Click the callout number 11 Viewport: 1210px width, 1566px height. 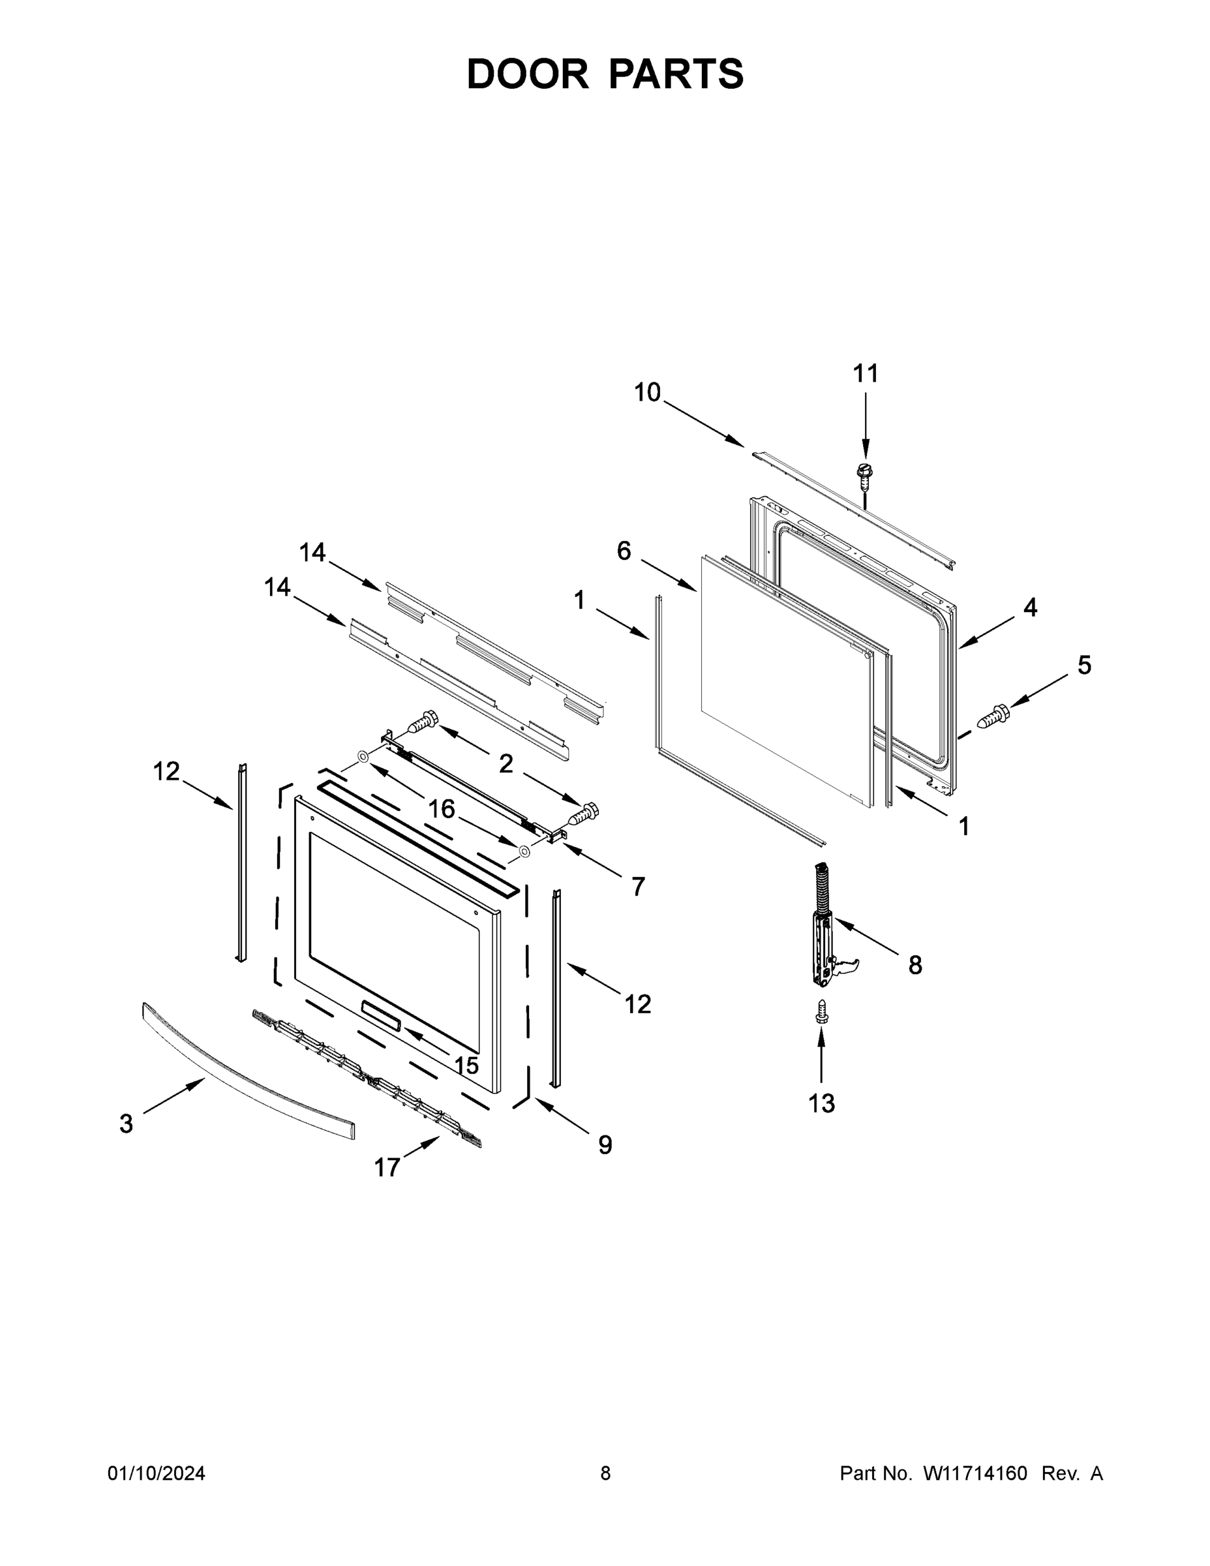(865, 374)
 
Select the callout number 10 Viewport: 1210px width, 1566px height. (647, 392)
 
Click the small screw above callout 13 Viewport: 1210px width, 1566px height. (821, 1011)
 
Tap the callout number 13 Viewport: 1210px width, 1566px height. (821, 1103)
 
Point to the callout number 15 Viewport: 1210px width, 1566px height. (466, 1066)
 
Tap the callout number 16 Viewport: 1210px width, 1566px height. (442, 809)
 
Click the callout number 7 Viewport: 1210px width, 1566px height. (638, 887)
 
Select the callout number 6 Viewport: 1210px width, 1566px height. (624, 551)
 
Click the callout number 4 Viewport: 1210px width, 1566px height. (1030, 607)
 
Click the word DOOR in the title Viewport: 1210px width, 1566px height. (528, 74)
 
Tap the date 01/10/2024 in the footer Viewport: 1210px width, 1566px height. (157, 1473)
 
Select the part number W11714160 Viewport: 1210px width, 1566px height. (975, 1473)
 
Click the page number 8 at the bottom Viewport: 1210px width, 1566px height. (605, 1473)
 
